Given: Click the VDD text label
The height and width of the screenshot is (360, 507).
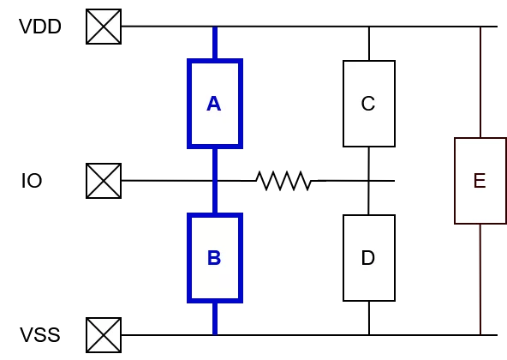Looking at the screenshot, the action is click(x=40, y=27).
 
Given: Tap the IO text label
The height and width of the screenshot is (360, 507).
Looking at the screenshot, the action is click(x=32, y=181).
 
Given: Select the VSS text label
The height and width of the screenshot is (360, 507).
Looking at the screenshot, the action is click(x=40, y=335).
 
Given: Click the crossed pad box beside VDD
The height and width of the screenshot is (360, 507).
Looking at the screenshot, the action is click(x=104, y=27).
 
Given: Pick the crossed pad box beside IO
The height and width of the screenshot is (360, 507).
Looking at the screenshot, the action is click(x=104, y=181).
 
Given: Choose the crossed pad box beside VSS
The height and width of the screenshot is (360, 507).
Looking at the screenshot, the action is click(x=104, y=335).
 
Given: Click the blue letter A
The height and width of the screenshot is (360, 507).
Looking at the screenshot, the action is click(x=214, y=104).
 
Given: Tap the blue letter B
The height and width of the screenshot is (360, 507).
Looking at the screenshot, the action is click(x=214, y=258).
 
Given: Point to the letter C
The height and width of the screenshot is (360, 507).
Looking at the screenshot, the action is click(x=368, y=104).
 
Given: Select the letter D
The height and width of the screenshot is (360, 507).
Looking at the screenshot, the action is click(x=368, y=258).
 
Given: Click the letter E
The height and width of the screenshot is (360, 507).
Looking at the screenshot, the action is click(x=480, y=181).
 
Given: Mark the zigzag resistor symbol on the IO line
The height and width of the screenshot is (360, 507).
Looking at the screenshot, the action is click(x=283, y=181).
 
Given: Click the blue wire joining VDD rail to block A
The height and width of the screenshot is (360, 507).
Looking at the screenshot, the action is click(x=215, y=43).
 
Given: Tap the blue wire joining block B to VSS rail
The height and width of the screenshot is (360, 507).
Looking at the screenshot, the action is click(x=215, y=319).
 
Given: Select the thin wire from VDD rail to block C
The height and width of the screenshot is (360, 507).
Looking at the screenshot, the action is click(x=369, y=44).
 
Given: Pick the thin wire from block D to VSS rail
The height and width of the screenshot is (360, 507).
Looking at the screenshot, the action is click(x=369, y=318).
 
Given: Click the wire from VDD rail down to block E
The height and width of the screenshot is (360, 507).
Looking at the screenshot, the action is click(x=480, y=82).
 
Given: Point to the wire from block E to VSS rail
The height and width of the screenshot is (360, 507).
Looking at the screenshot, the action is click(x=480, y=279).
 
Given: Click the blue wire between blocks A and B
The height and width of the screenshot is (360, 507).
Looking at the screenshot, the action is click(x=215, y=181).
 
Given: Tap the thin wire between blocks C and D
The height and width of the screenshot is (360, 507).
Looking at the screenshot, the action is click(x=369, y=181).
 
